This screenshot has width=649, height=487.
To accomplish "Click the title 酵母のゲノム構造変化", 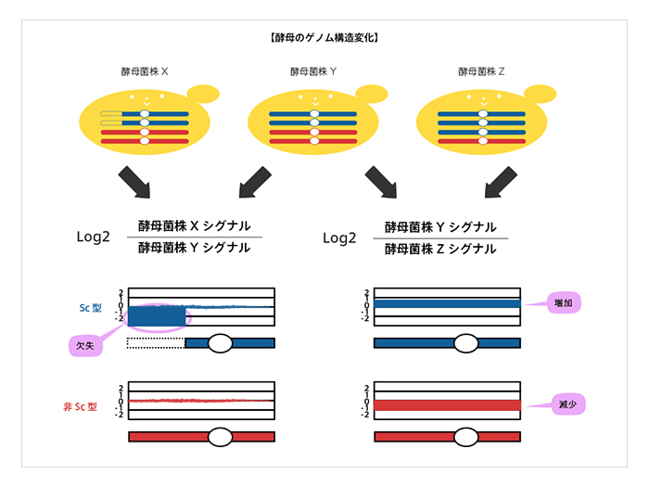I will (x=324, y=39).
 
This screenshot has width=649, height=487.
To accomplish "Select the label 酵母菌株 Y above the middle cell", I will (x=313, y=70).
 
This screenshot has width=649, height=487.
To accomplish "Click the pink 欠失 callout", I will (x=84, y=345).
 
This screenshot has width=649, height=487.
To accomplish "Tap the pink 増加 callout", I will (x=562, y=303).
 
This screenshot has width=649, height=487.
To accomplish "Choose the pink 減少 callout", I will (x=563, y=405).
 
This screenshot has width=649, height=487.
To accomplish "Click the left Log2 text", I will (x=93, y=237).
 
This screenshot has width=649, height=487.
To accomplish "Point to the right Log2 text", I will (x=339, y=237).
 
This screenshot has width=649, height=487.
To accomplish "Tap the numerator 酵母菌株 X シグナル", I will (x=194, y=225).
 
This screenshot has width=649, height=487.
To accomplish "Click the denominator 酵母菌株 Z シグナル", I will (x=440, y=249).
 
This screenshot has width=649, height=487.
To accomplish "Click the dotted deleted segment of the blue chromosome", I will (x=156, y=343).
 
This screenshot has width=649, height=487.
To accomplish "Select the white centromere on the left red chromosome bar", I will (x=220, y=436).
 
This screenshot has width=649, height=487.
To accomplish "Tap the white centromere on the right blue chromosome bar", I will (x=466, y=343).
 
